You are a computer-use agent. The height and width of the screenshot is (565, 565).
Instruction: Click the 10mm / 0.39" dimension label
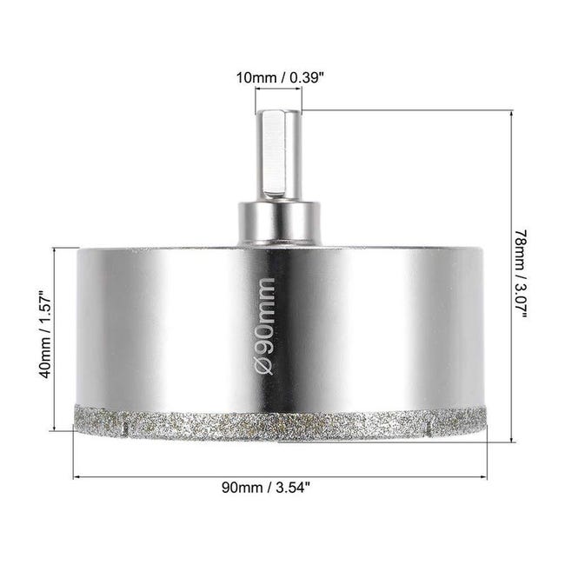point(278,77)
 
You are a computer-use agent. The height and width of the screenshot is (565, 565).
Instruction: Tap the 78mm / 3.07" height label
point(521,274)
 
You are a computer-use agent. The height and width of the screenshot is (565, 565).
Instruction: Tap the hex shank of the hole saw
point(278,156)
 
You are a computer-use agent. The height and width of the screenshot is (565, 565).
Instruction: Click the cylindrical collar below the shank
point(279,224)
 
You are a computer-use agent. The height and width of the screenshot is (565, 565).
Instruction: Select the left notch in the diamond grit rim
point(125,429)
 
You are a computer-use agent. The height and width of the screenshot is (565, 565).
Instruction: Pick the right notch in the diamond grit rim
point(428,429)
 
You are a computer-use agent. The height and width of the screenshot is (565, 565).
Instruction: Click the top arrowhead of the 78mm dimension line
point(511,114)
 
